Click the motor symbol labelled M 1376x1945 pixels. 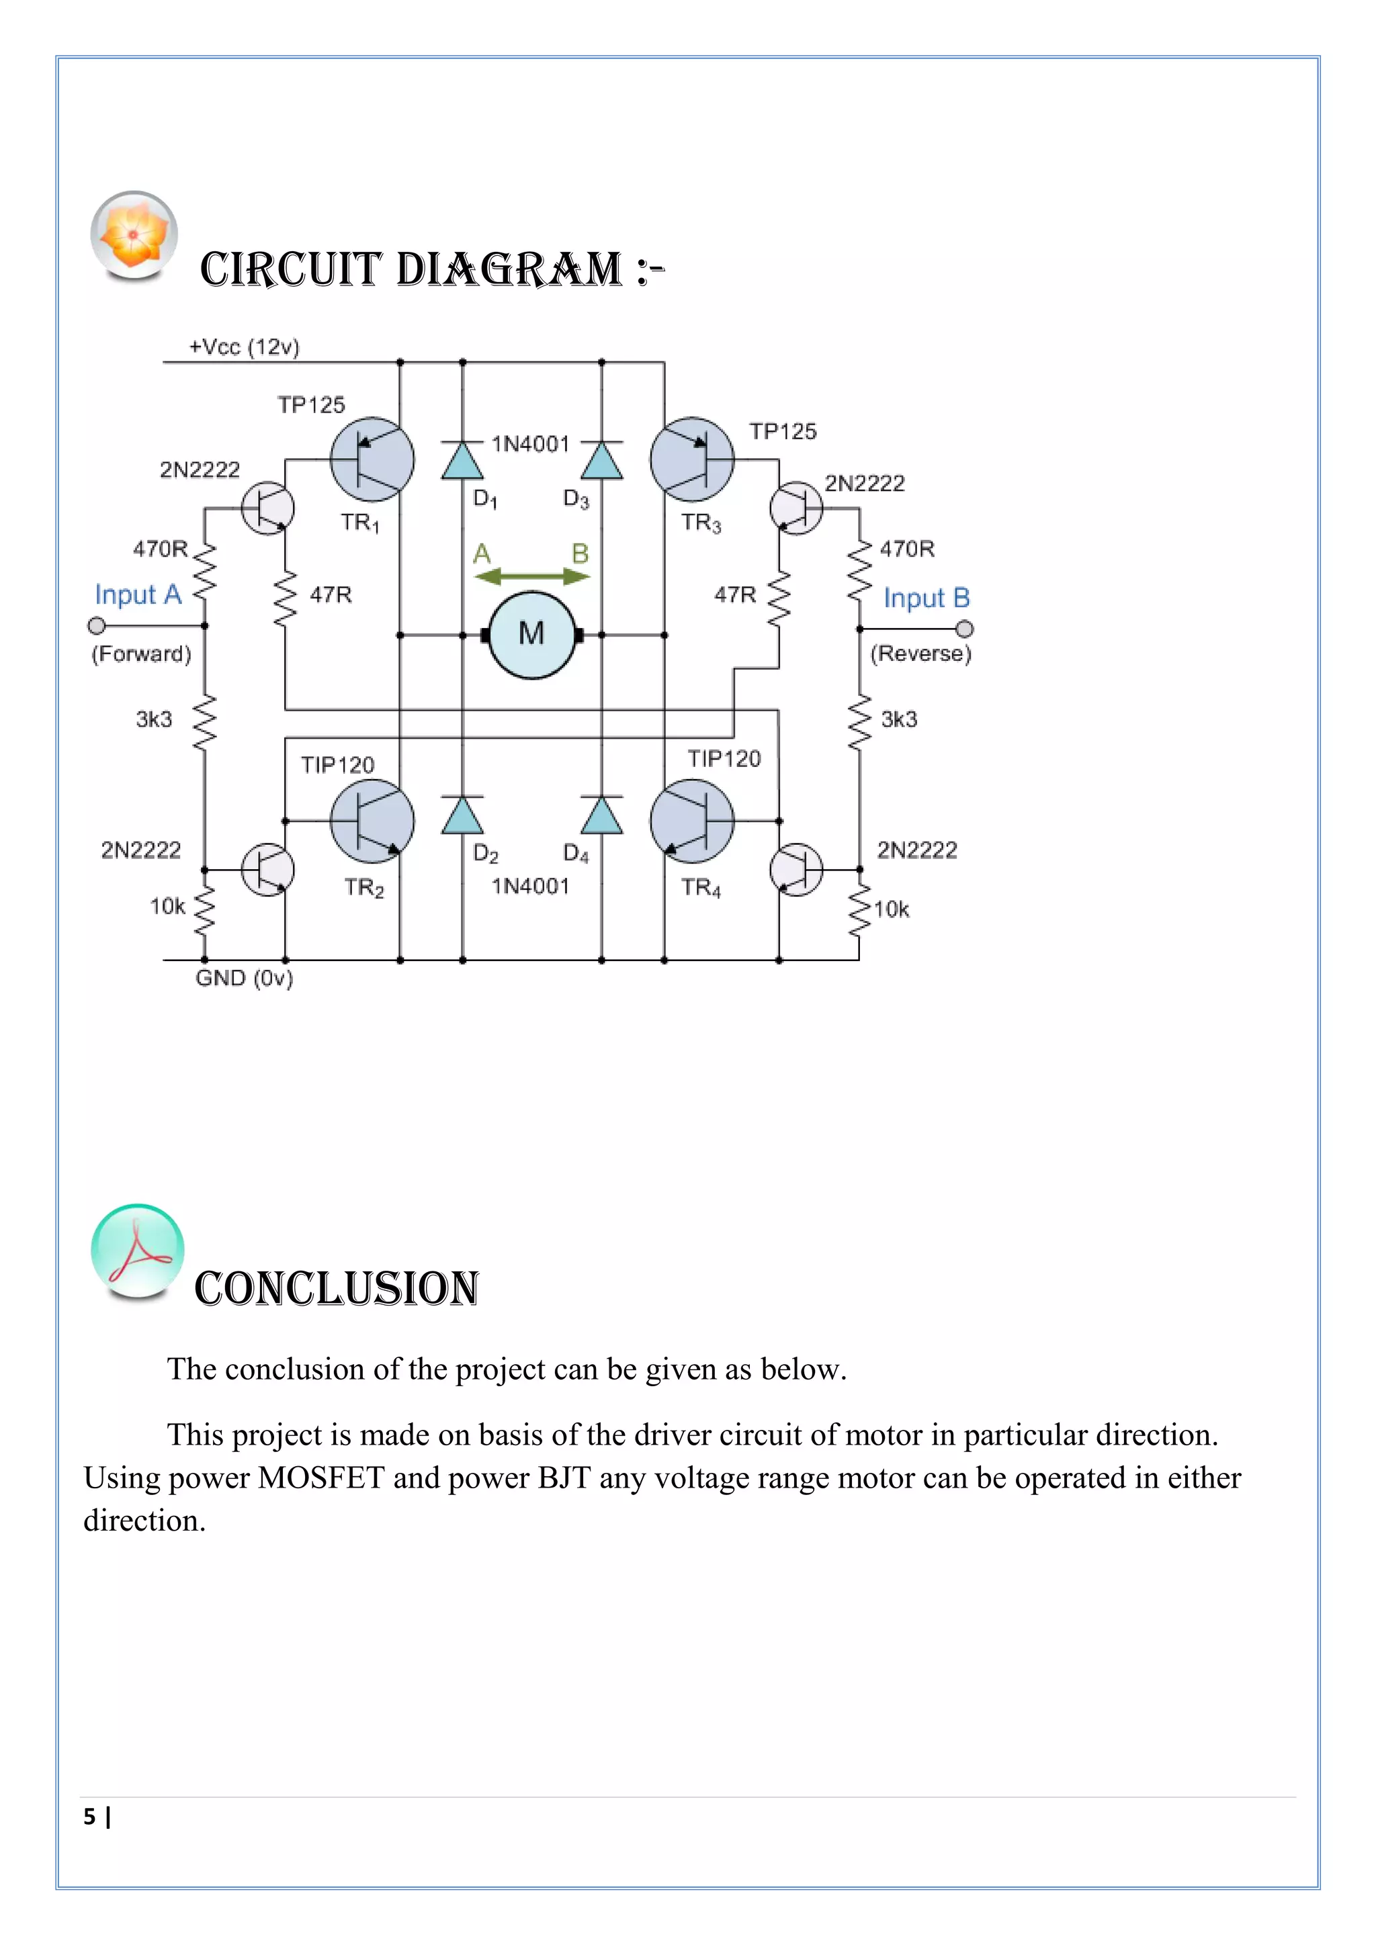click(x=531, y=635)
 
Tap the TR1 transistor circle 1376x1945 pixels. click(x=372, y=459)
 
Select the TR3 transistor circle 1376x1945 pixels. click(x=692, y=459)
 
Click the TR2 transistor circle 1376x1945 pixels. click(x=372, y=821)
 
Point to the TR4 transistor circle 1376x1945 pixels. click(x=692, y=821)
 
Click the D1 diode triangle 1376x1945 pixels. click(x=463, y=461)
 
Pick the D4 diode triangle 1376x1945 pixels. click(x=601, y=816)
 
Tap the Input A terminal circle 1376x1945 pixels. click(x=97, y=626)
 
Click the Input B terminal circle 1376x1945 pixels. click(x=964, y=629)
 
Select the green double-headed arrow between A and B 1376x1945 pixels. click(x=531, y=577)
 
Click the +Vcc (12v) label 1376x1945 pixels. click(x=244, y=347)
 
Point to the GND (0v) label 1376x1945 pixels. click(x=244, y=979)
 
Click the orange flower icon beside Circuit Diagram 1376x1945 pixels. click(x=134, y=234)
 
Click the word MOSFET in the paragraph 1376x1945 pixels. click(x=321, y=1478)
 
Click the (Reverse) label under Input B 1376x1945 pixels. click(x=920, y=653)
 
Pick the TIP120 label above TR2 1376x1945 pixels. click(x=337, y=765)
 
